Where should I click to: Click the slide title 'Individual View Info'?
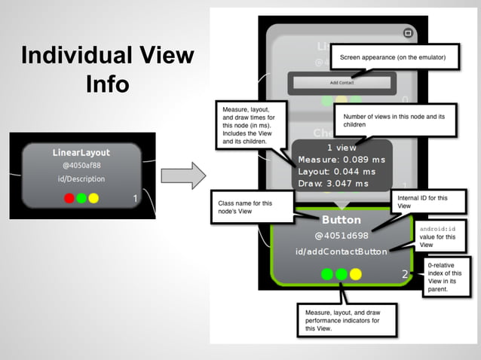[x=106, y=69]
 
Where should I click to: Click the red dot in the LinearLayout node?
[x=69, y=198]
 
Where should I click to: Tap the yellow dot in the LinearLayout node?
[x=93, y=198]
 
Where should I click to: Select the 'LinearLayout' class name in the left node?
[x=81, y=153]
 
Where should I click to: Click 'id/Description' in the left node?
[x=81, y=179]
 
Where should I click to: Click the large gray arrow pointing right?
[x=185, y=175]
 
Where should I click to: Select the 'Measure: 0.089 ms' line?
[x=342, y=160]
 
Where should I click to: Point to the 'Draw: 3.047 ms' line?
[x=333, y=184]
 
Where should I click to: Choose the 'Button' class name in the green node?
[x=342, y=220]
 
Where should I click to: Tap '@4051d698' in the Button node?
[x=342, y=236]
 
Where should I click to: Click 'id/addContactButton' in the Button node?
[x=342, y=251]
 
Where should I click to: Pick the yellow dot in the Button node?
[x=356, y=274]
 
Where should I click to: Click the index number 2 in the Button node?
[x=404, y=274]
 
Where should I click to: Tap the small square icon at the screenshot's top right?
[x=408, y=33]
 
